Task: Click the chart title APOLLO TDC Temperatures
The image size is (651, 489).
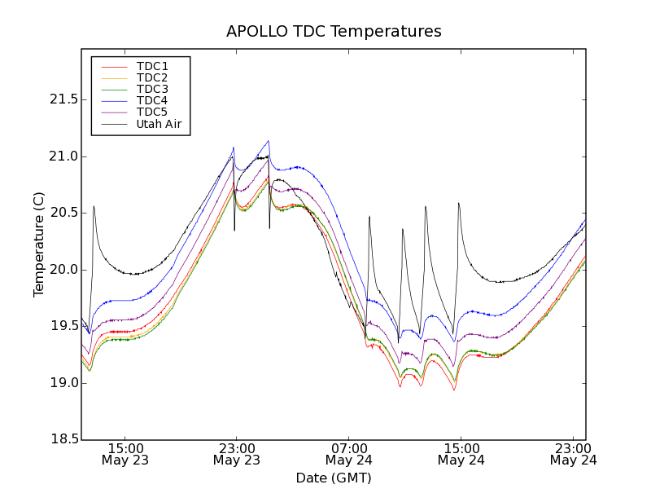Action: coord(334,32)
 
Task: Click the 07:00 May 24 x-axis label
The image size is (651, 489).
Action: coord(348,454)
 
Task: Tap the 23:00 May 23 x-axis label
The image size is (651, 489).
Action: coord(236,454)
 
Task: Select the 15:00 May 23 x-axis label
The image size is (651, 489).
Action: coord(125,454)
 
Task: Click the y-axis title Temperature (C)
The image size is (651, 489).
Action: coord(39,244)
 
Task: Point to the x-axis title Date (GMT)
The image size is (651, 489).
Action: coord(334,478)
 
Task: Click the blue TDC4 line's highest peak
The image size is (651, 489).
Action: coord(268,141)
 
